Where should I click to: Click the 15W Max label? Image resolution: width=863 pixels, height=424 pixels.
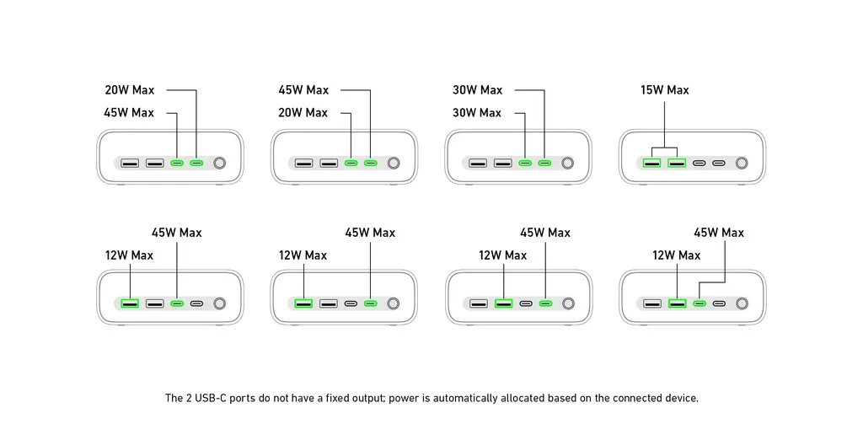[x=664, y=90]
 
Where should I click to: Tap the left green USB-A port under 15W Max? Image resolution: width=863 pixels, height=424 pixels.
[x=651, y=163]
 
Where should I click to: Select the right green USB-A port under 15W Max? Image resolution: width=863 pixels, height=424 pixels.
[x=676, y=163]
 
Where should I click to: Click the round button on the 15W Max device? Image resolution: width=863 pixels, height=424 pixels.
[x=742, y=163]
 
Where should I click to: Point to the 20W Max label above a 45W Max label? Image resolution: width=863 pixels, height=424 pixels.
[x=129, y=90]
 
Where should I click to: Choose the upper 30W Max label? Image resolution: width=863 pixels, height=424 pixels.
[x=477, y=90]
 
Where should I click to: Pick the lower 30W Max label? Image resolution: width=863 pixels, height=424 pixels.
[x=477, y=112]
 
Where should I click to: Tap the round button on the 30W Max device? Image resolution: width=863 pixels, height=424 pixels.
[x=568, y=163]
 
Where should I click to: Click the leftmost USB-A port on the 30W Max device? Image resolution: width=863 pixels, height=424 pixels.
[x=478, y=163]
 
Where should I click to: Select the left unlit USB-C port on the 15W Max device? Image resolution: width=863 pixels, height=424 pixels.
[x=699, y=163]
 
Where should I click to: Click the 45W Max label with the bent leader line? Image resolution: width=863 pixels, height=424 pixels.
[x=718, y=233]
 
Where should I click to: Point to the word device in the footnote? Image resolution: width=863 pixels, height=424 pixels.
[x=681, y=398]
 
